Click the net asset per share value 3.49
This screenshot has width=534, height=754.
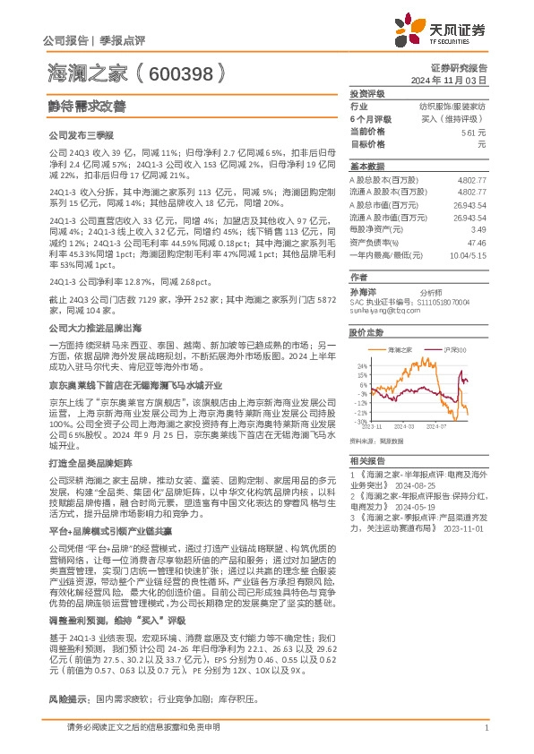[x=477, y=230]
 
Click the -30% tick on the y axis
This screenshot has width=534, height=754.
[x=359, y=421]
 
